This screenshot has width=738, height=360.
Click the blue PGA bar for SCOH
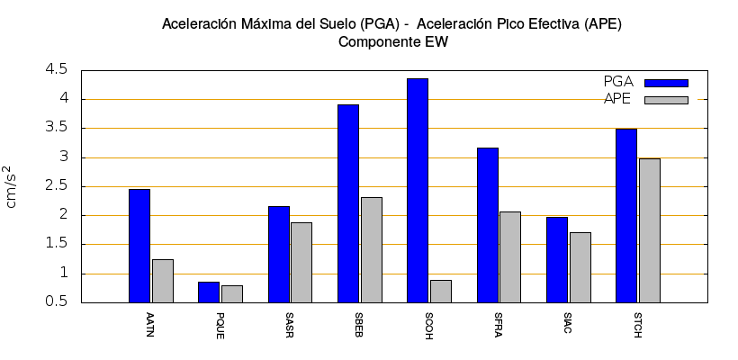pos(418,190)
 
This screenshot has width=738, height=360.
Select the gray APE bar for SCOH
pos(441,291)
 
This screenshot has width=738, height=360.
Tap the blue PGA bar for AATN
pos(139,246)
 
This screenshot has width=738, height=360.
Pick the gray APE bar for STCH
pos(650,230)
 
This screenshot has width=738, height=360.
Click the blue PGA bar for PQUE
pos(209,292)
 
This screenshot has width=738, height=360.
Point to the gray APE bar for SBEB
pos(372,249)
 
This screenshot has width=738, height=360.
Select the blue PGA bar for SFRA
pos(488,225)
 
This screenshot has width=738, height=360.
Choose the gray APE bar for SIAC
pos(580,267)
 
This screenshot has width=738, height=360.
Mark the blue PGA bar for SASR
pos(279,254)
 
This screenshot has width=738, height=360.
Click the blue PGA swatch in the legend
pos(666,83)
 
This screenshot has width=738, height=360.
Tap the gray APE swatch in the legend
pos(666,100)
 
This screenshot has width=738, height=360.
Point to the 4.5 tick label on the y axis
pos(56,69)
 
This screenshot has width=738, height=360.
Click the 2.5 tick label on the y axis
pos(56,185)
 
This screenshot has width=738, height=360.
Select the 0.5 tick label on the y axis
pos(56,302)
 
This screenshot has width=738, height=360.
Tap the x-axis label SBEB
pos(360,324)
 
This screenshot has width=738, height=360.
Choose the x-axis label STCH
pos(638,324)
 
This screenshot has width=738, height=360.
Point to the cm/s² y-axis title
pos(11,186)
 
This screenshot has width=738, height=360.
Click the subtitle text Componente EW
pos(392,41)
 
